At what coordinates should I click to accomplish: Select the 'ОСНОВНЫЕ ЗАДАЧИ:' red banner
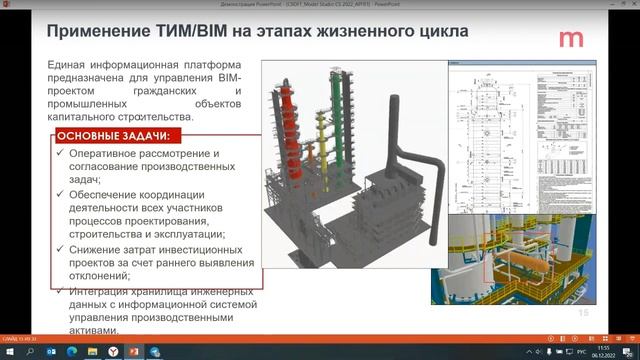[112, 135]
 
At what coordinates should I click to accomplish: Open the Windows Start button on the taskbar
[12, 351]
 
